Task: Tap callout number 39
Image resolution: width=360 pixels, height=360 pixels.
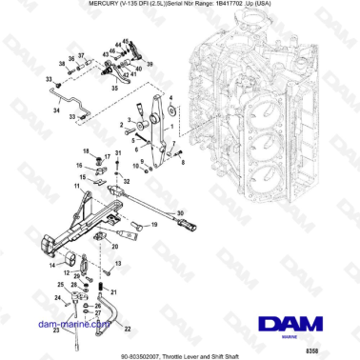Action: pos(150,63)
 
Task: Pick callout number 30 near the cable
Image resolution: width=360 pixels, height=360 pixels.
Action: pos(181,214)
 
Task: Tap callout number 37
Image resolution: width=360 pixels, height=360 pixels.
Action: pos(81,54)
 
